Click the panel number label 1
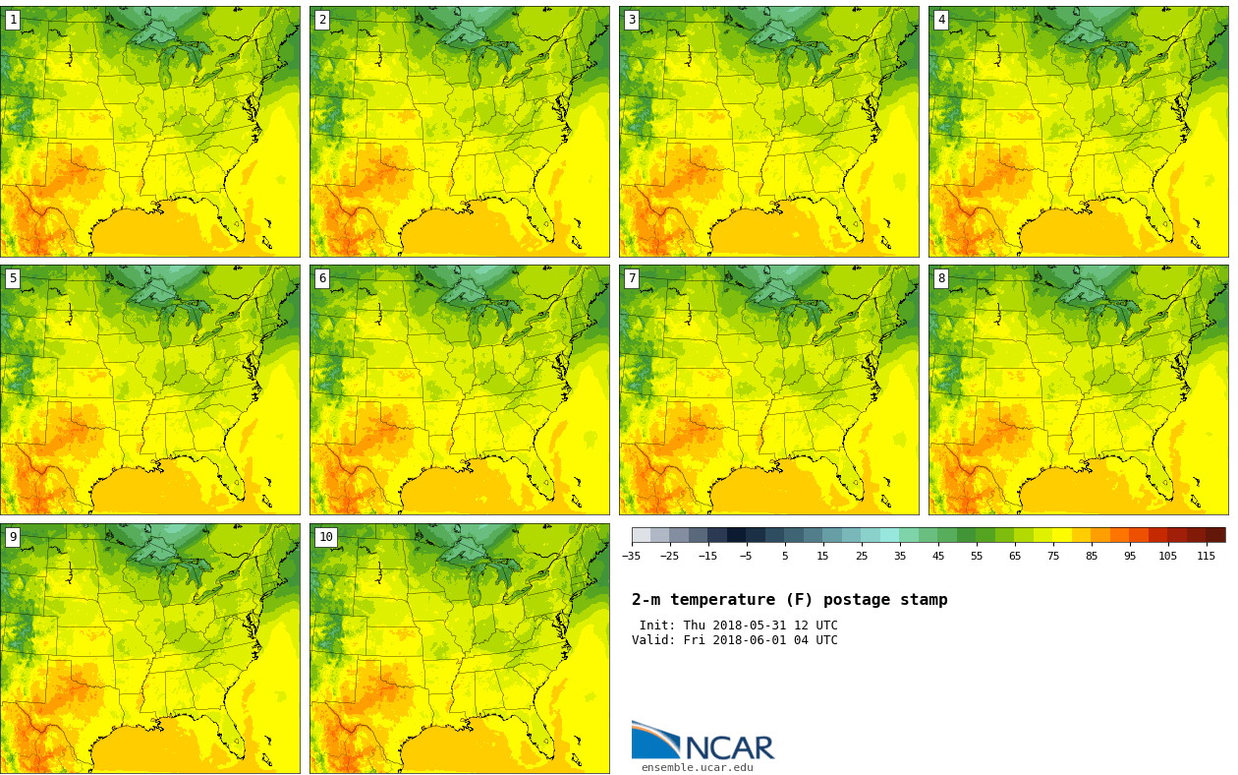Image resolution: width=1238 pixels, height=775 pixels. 13,20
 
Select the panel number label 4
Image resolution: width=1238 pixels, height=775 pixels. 941,20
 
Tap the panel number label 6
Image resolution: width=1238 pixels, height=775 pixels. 322,278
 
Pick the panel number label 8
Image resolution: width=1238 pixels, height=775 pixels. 941,278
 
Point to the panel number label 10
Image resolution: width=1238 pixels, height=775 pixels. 325,537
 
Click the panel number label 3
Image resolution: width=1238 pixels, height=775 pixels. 632,20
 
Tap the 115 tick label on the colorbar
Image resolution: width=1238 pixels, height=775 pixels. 1206,557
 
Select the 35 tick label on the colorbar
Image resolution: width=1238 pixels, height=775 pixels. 900,557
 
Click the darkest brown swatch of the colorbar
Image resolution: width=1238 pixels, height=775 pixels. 1215,535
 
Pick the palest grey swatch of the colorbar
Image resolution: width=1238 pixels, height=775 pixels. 641,535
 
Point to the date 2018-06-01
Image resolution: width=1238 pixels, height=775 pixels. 754,640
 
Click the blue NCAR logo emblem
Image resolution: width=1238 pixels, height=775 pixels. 655,740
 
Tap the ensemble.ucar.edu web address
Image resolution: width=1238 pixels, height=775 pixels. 697,768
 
